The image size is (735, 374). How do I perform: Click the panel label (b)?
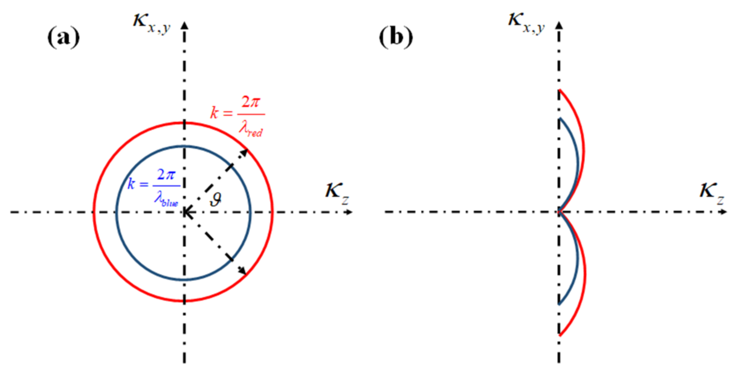click(396, 37)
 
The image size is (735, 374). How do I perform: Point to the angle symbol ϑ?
click(215, 200)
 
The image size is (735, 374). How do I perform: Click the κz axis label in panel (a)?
click(337, 193)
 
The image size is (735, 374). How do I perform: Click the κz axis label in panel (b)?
click(712, 193)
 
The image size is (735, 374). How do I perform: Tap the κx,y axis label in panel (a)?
click(152, 23)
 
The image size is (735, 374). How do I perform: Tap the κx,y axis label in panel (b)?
click(526, 23)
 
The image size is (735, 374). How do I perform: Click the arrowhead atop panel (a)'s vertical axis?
click(184, 25)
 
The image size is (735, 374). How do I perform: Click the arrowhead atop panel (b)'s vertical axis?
click(559, 25)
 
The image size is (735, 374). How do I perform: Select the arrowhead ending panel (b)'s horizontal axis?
click(724, 212)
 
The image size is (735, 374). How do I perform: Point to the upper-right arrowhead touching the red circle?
click(244, 153)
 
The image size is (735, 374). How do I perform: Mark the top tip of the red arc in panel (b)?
click(560, 90)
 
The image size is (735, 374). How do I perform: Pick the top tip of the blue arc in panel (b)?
click(560, 119)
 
